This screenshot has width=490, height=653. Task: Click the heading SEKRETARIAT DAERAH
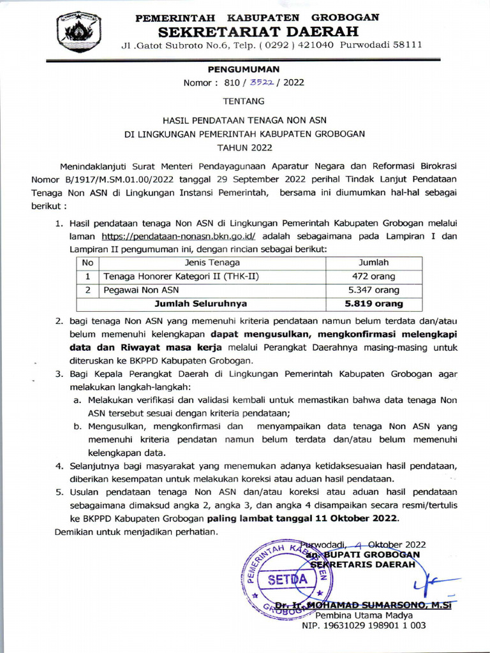click(x=258, y=31)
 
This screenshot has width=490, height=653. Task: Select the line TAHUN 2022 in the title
click(x=245, y=148)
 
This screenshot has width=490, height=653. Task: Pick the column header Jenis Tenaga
click(x=212, y=262)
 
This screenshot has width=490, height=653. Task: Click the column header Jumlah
click(x=374, y=262)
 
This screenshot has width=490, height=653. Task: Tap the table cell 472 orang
click(x=374, y=276)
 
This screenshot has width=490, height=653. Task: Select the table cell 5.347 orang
click(x=374, y=290)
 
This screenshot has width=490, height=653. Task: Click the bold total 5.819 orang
click(x=374, y=304)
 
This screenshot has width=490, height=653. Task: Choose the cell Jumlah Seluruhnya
click(x=201, y=304)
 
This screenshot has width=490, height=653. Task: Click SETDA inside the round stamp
click(x=287, y=579)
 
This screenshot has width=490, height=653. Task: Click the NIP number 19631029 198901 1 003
click(x=364, y=626)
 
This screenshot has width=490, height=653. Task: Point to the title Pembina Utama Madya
click(x=364, y=615)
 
